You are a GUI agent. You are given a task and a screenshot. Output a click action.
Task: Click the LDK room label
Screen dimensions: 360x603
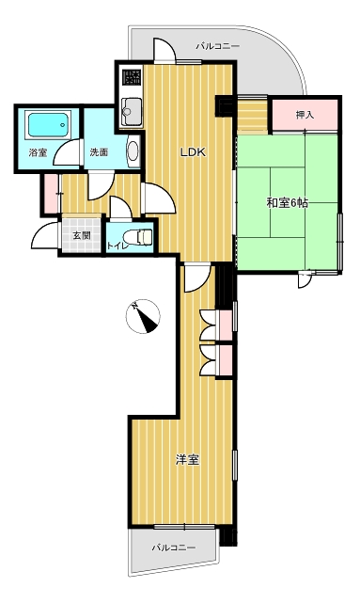(x=194, y=152)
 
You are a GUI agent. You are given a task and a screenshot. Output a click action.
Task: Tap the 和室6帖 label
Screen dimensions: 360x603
(x=287, y=202)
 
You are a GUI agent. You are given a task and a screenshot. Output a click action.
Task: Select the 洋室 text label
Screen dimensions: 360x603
(x=187, y=460)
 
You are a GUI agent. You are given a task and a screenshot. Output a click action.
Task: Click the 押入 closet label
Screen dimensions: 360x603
(x=305, y=115)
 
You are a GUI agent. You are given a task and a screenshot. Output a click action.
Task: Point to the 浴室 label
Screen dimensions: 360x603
(x=38, y=152)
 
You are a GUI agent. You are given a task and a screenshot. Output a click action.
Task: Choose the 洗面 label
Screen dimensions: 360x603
(x=99, y=152)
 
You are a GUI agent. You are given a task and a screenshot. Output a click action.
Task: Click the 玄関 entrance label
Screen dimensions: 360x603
(x=82, y=235)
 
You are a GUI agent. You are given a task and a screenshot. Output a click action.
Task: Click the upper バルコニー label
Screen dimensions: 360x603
(x=218, y=46)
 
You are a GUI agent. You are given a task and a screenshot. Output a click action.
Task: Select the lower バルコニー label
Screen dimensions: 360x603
(x=174, y=547)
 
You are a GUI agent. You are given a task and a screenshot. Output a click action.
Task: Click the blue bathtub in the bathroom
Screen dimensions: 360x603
(x=49, y=124)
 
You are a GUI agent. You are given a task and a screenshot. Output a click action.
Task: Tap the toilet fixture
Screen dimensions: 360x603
(x=139, y=236)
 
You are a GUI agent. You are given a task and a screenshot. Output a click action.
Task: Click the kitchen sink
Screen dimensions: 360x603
(x=132, y=111)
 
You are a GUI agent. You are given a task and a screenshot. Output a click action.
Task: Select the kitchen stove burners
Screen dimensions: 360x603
(x=132, y=77)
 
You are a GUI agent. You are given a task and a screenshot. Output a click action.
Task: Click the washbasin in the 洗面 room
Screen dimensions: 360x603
(x=133, y=151)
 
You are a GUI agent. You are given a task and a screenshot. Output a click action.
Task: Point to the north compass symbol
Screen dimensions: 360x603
(x=143, y=316)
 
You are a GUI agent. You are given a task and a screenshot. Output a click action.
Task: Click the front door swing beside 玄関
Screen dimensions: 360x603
(x=45, y=235)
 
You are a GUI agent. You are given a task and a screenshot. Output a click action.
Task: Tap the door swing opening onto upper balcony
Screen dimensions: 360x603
(x=164, y=50)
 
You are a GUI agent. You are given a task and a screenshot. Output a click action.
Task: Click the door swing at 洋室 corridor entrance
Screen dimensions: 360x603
(x=197, y=278)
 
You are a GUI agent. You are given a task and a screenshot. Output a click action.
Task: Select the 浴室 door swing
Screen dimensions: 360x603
(x=68, y=152)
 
